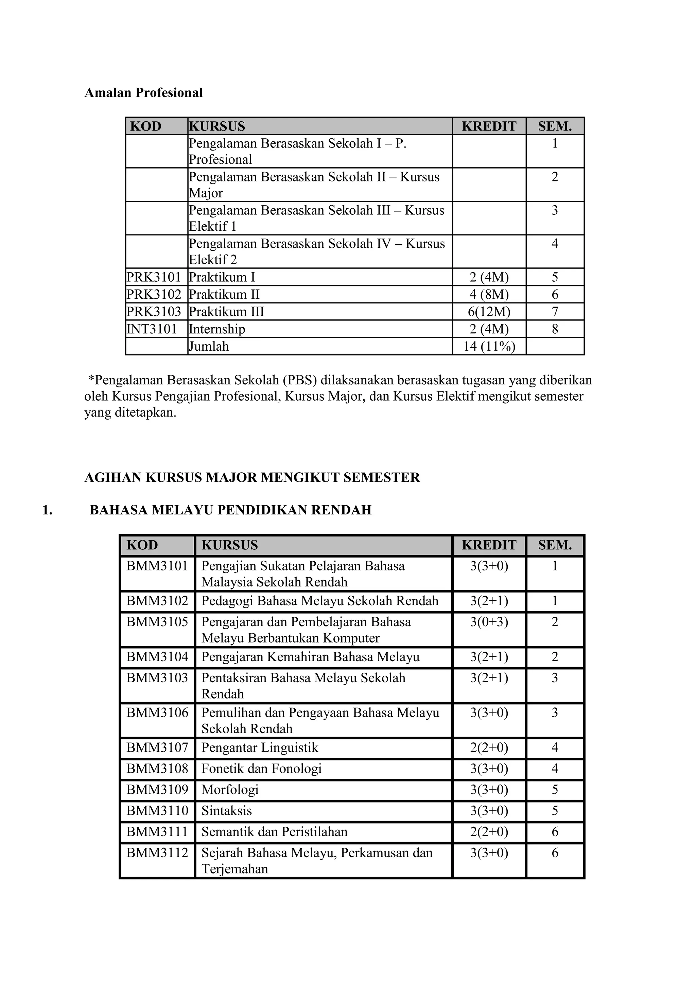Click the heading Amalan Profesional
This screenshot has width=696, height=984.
pyautogui.click(x=143, y=92)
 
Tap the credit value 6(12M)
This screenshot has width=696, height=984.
pyautogui.click(x=489, y=312)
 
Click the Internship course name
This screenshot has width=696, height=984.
pyautogui.click(x=217, y=329)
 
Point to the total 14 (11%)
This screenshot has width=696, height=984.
pyautogui.click(x=489, y=346)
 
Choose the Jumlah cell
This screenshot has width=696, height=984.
pyautogui.click(x=209, y=346)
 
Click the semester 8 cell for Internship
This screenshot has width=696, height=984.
pyautogui.click(x=555, y=329)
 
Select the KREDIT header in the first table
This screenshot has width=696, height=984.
pyautogui.click(x=489, y=126)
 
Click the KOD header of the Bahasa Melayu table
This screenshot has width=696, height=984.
pyautogui.click(x=142, y=545)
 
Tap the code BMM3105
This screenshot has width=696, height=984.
pyautogui.click(x=157, y=622)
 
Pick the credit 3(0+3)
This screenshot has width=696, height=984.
pyautogui.click(x=489, y=622)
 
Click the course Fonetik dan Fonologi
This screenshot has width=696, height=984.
pyautogui.click(x=261, y=769)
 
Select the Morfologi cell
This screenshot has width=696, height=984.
pyautogui.click(x=230, y=789)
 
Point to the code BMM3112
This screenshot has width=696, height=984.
pyautogui.click(x=157, y=853)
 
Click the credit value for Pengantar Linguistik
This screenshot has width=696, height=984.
pyautogui.click(x=489, y=748)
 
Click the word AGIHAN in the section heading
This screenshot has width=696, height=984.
pyautogui.click(x=113, y=477)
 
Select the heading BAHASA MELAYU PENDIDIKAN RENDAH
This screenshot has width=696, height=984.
pyautogui.click(x=230, y=510)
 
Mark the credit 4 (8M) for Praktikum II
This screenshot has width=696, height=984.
pyautogui.click(x=489, y=295)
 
